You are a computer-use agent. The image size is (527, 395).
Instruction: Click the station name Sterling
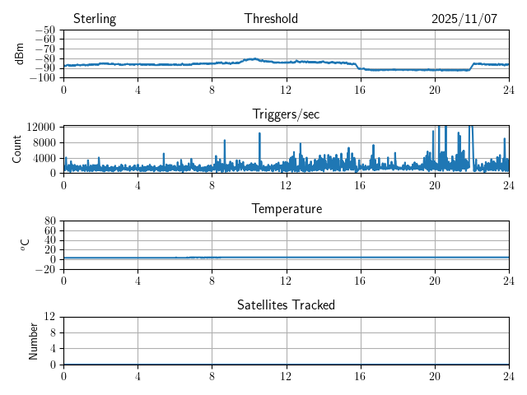(94, 19)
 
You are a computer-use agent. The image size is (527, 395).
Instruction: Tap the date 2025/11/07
(464, 19)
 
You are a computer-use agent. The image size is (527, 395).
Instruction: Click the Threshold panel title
(271, 19)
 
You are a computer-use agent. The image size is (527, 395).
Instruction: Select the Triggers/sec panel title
(286, 114)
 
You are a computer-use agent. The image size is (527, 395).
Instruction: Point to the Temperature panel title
(286, 209)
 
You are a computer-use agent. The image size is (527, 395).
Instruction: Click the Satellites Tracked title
(286, 304)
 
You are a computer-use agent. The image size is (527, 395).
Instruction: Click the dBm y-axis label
(20, 53)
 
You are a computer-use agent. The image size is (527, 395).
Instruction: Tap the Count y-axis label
(17, 149)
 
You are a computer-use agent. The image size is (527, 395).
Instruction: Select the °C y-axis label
(25, 244)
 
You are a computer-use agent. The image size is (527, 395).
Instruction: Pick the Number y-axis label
(34, 340)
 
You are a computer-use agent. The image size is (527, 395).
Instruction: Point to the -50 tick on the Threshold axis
(46, 30)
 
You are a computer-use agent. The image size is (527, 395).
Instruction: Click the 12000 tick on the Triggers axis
(40, 127)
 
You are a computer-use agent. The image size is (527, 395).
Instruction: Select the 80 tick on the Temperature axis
(50, 221)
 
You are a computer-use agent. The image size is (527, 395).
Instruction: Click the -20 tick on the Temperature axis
(46, 270)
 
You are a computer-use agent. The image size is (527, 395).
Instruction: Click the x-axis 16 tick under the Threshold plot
(360, 90)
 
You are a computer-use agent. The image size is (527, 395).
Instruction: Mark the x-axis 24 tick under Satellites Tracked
(508, 376)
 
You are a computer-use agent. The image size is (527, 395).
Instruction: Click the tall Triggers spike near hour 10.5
(259, 133)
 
